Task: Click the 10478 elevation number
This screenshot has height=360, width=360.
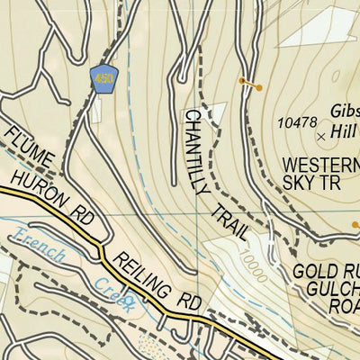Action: [x=298, y=122]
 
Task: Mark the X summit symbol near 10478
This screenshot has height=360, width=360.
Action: [x=322, y=136]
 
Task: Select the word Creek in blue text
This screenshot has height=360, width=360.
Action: [x=117, y=294]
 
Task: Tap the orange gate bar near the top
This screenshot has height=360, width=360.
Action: [x=249, y=85]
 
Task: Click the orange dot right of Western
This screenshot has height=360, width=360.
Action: [x=355, y=224]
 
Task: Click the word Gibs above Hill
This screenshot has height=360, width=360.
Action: [x=344, y=109]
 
